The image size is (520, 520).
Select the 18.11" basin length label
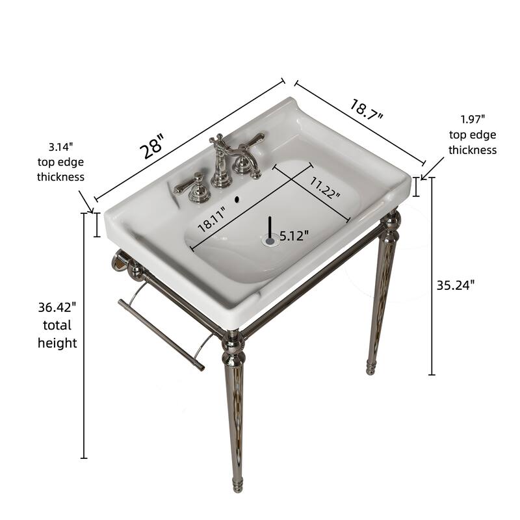pos(212,220)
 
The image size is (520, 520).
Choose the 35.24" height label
pos(456,284)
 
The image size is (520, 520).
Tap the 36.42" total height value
pos(57,306)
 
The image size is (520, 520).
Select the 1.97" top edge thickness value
pos(473,119)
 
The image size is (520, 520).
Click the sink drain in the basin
pos(270,240)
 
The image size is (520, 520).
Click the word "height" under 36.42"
pos(57,343)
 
